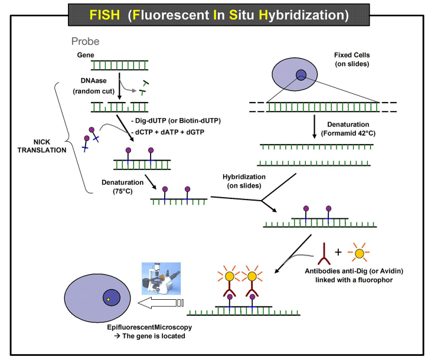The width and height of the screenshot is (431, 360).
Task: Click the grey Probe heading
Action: point(85,41)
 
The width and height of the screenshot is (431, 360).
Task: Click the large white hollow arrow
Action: point(156,303)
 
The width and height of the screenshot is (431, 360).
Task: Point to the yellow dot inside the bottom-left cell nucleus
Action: point(109,300)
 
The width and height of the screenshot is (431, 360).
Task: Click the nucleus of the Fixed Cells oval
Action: point(302,74)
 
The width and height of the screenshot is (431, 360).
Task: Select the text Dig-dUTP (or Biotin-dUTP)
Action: point(175,120)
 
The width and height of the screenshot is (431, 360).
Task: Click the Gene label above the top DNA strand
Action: point(86,55)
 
